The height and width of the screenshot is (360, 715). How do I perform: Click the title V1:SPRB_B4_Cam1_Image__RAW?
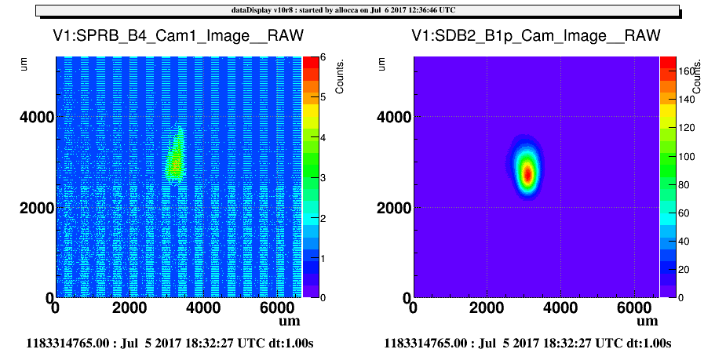pyautogui.click(x=178, y=35)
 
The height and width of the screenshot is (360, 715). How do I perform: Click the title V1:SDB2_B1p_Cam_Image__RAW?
pyautogui.click(x=536, y=35)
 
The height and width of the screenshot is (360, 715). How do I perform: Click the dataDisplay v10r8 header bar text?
pyautogui.click(x=343, y=10)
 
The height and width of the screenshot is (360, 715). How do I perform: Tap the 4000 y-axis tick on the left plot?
pyautogui.click(x=37, y=117)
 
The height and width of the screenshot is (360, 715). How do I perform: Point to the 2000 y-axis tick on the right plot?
pyautogui.click(x=395, y=207)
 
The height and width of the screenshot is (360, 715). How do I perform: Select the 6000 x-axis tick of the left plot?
pyautogui.click(x=278, y=308)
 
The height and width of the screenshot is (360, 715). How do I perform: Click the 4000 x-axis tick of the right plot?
pyautogui.click(x=560, y=308)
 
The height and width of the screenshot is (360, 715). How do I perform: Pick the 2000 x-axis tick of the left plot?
pyautogui.click(x=130, y=308)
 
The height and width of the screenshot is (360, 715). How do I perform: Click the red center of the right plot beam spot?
pyautogui.click(x=528, y=174)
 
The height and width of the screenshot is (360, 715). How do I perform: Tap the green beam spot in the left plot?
pyautogui.click(x=176, y=156)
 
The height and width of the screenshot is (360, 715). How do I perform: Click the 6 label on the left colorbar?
pyautogui.click(x=323, y=57)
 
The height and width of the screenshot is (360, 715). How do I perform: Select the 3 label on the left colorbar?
pyautogui.click(x=323, y=178)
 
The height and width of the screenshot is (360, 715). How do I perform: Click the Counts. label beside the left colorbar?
pyautogui.click(x=340, y=77)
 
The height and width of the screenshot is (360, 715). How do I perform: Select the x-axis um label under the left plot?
pyautogui.click(x=290, y=322)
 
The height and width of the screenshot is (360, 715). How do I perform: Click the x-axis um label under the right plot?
pyautogui.click(x=648, y=322)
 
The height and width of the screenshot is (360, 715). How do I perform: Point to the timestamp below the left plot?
pyautogui.click(x=170, y=343)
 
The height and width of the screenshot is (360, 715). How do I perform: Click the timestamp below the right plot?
pyautogui.click(x=527, y=343)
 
